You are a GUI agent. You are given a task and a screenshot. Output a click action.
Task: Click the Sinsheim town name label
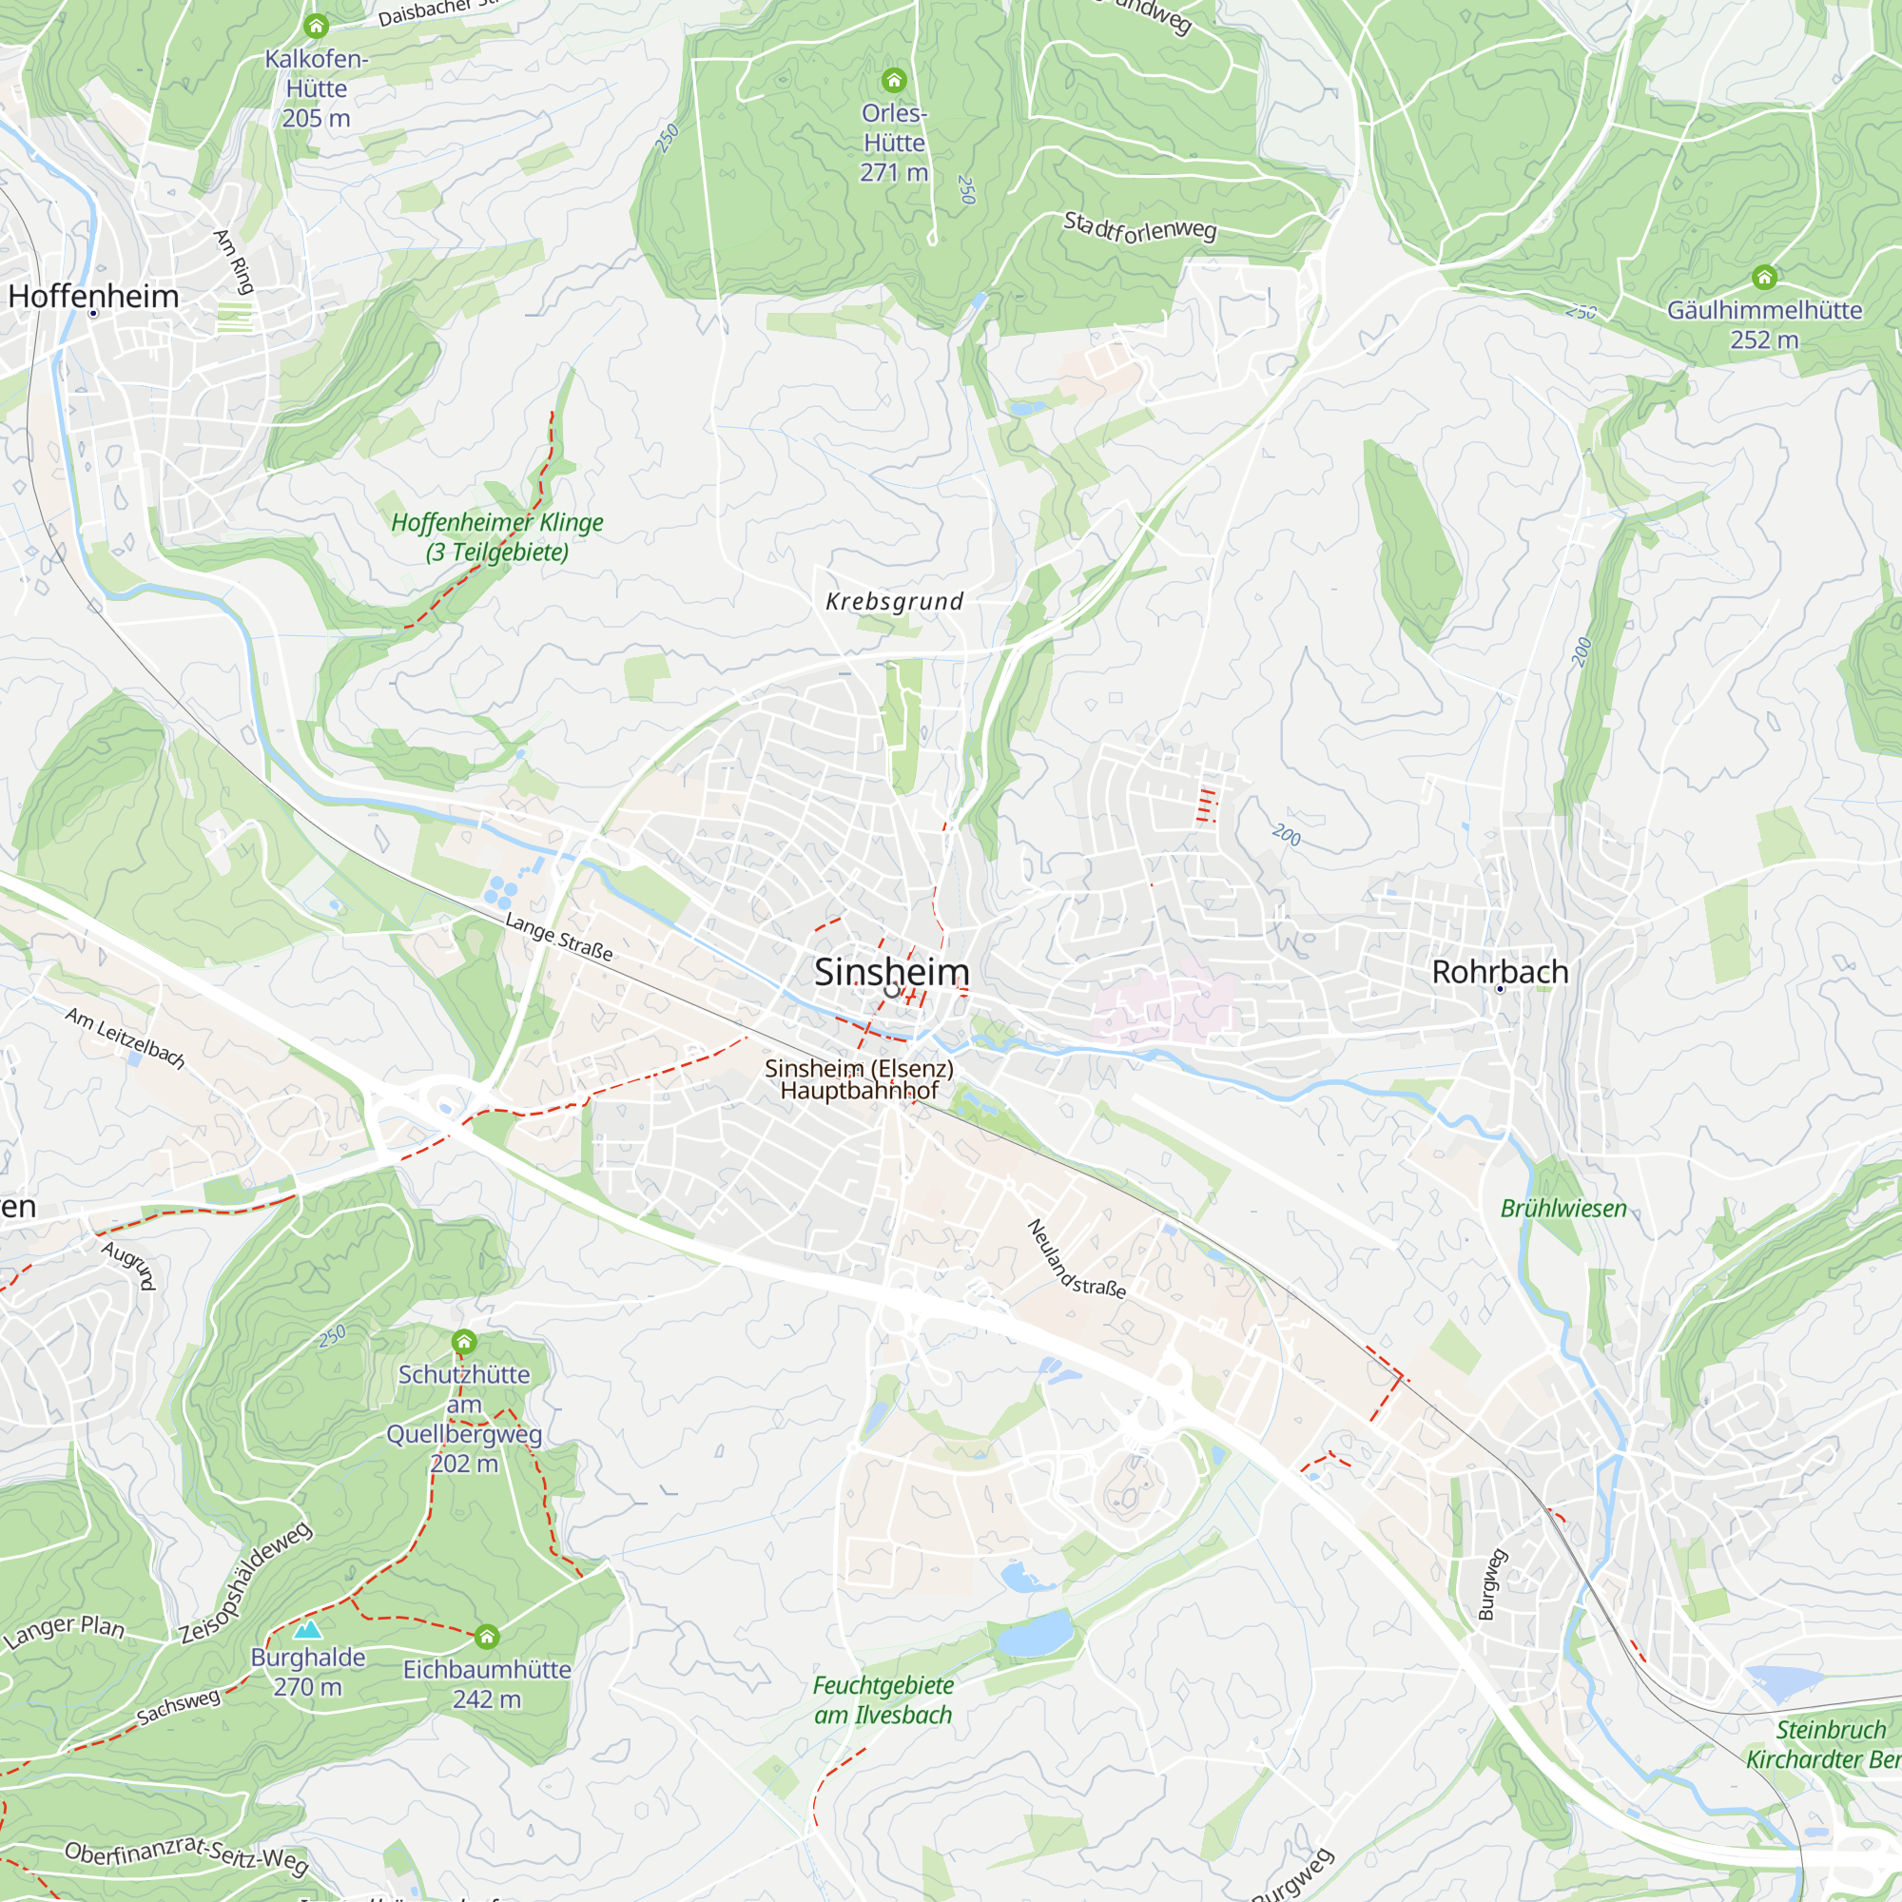coord(891,972)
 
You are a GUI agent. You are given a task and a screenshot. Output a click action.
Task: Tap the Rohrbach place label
coord(1500,972)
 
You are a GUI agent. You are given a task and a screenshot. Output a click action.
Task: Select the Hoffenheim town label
coord(93,297)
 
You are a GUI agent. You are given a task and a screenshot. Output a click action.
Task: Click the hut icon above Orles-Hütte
coord(893,79)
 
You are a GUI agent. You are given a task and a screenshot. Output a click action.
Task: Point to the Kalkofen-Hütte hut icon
coord(316,26)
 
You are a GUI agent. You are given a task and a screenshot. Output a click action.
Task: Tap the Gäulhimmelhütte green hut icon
coord(1764,277)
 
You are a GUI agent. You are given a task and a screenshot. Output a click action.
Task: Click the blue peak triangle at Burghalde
coord(308,1629)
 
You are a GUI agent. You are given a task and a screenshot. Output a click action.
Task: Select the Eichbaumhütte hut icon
coord(486,1638)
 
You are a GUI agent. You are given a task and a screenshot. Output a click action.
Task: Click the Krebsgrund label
coord(894,602)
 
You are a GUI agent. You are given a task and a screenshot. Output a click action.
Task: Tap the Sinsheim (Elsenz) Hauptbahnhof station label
coord(859,1079)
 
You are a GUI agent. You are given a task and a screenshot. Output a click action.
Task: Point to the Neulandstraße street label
coord(1075,1259)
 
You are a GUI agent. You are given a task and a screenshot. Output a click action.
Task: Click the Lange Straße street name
coord(558,936)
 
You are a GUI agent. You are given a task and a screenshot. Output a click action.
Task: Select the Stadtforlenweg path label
coord(1140,227)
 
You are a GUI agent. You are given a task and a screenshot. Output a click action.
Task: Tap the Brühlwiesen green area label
coord(1563,1209)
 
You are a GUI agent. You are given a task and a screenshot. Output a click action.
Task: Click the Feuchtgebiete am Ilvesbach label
coord(883,1700)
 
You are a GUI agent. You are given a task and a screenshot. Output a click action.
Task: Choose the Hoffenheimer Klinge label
coord(497,536)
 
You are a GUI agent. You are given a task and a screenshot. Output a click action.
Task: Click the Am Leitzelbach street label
coord(125,1038)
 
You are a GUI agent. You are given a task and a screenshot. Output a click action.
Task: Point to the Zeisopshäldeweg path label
coord(246,1582)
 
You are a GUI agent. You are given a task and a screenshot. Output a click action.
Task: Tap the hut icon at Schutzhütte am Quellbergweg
coord(464,1342)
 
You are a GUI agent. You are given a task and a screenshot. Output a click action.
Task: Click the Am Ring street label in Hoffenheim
coord(234,261)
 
